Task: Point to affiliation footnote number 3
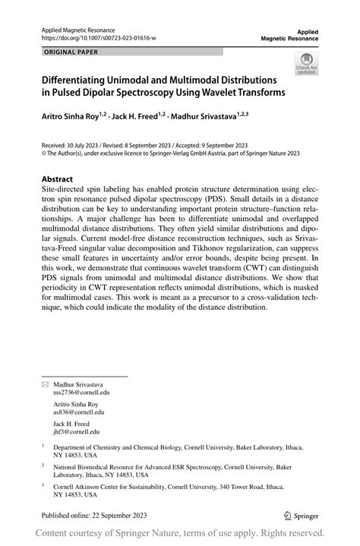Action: pyautogui.click(x=43, y=482)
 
